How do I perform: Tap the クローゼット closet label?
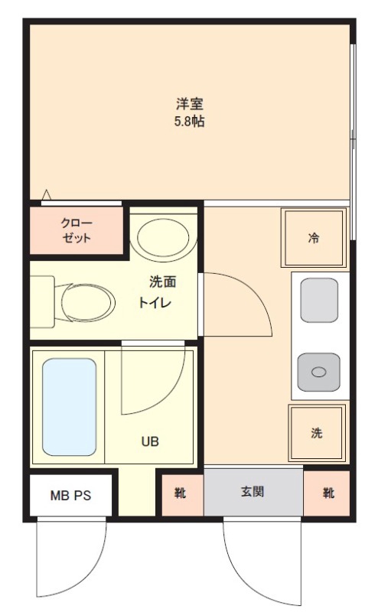(77, 230)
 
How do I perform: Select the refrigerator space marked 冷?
(314, 237)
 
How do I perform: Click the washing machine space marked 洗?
(316, 433)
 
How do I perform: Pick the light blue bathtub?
(69, 407)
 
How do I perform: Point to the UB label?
(149, 441)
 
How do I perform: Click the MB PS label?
(70, 496)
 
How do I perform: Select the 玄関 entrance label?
(253, 492)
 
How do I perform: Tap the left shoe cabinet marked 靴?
(181, 493)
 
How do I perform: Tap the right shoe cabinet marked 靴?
(328, 493)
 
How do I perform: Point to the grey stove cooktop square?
(318, 301)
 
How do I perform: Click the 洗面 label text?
(162, 282)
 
